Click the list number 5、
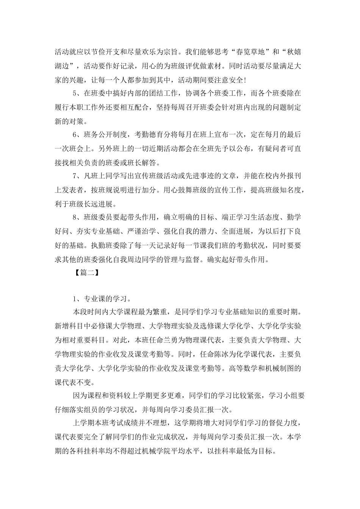[77, 93]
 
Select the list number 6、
[77, 135]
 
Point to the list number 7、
[77, 176]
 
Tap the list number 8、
[77, 217]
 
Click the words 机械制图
[283, 368]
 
